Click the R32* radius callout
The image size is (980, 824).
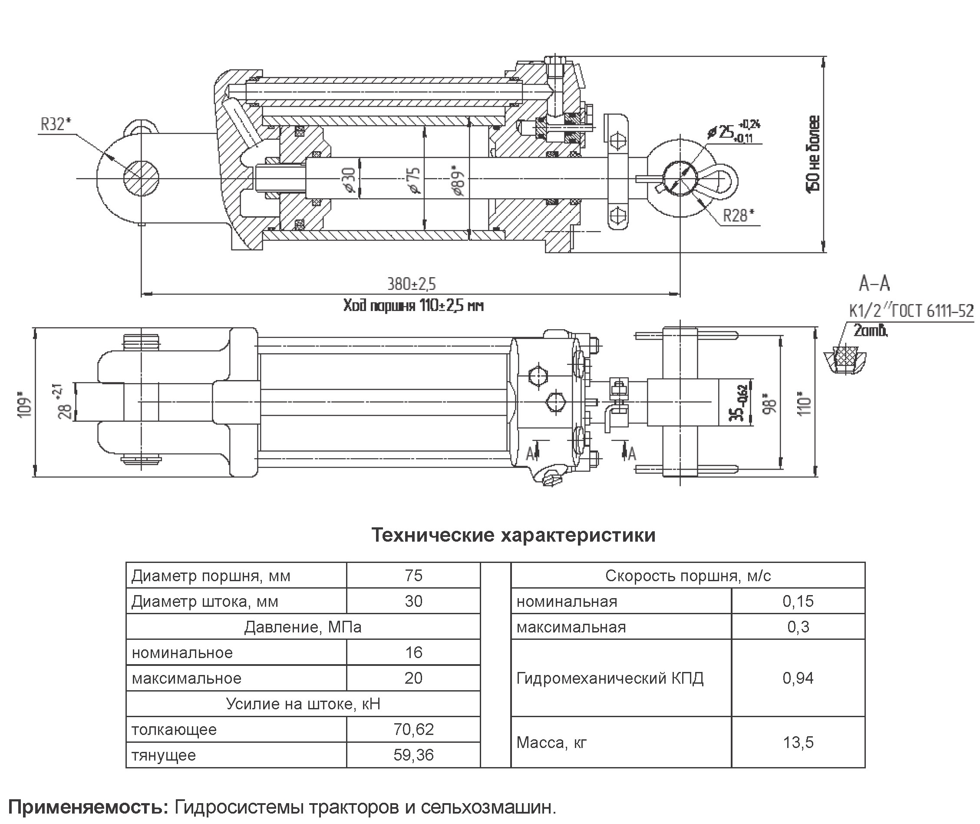[x=56, y=125]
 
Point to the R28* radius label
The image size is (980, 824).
[x=738, y=216]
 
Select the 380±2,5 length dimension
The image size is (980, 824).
[x=411, y=284]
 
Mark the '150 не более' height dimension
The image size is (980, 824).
[x=813, y=154]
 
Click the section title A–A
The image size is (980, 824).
[x=874, y=284]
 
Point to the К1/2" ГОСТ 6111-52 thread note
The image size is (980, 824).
[x=911, y=311]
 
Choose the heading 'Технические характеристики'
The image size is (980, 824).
[x=513, y=535]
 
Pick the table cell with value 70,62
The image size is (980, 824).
[x=413, y=729]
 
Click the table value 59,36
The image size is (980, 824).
[x=413, y=755]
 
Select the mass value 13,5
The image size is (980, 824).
[x=798, y=742]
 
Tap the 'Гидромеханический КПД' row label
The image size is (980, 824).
[x=610, y=678]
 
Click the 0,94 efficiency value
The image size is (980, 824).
[x=798, y=678]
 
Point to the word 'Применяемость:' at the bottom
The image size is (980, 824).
[x=88, y=807]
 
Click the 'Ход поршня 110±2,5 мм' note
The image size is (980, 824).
[x=413, y=306]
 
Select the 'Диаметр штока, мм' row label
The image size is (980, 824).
[x=205, y=601]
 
